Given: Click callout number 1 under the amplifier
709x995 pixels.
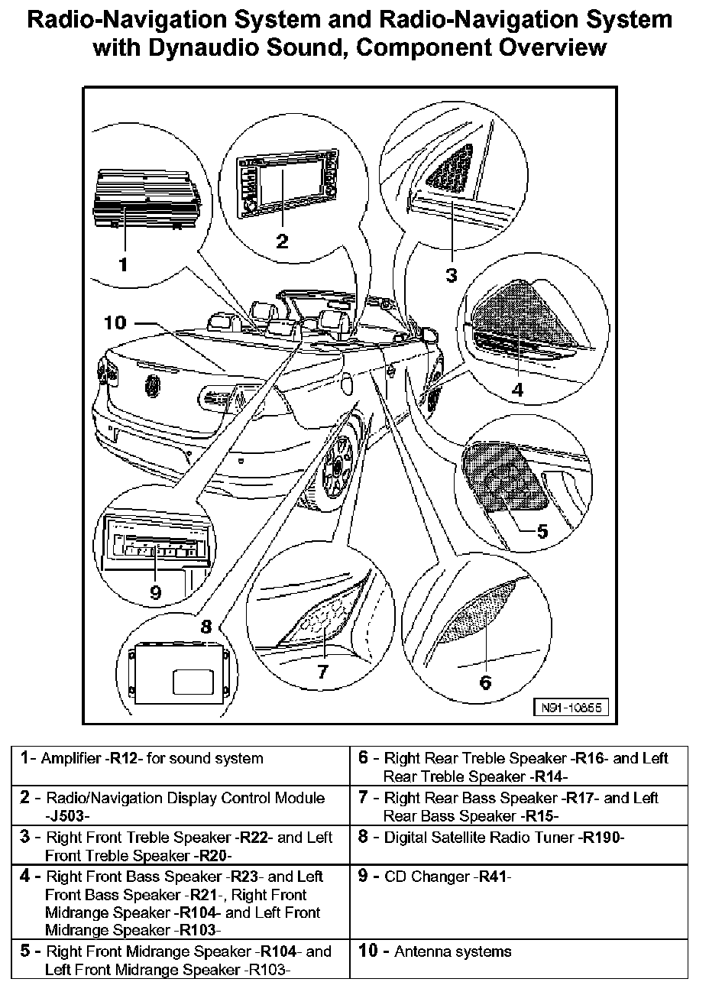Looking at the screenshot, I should pos(121,264).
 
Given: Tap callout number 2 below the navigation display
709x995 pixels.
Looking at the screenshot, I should pos(282,241).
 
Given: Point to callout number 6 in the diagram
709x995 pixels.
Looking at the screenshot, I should pos(484,682).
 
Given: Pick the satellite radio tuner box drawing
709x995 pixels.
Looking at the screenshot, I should pos(181,673).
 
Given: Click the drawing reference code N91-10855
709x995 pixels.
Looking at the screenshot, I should pos(571,708).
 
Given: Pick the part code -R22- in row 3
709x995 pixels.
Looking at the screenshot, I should pos(255,837).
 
